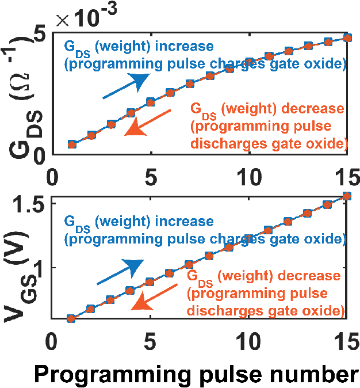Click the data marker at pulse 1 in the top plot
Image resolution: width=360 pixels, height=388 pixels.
coord(72,144)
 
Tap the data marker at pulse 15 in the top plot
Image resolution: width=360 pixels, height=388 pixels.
coord(347,37)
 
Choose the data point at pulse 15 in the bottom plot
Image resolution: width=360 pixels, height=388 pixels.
coord(347,196)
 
